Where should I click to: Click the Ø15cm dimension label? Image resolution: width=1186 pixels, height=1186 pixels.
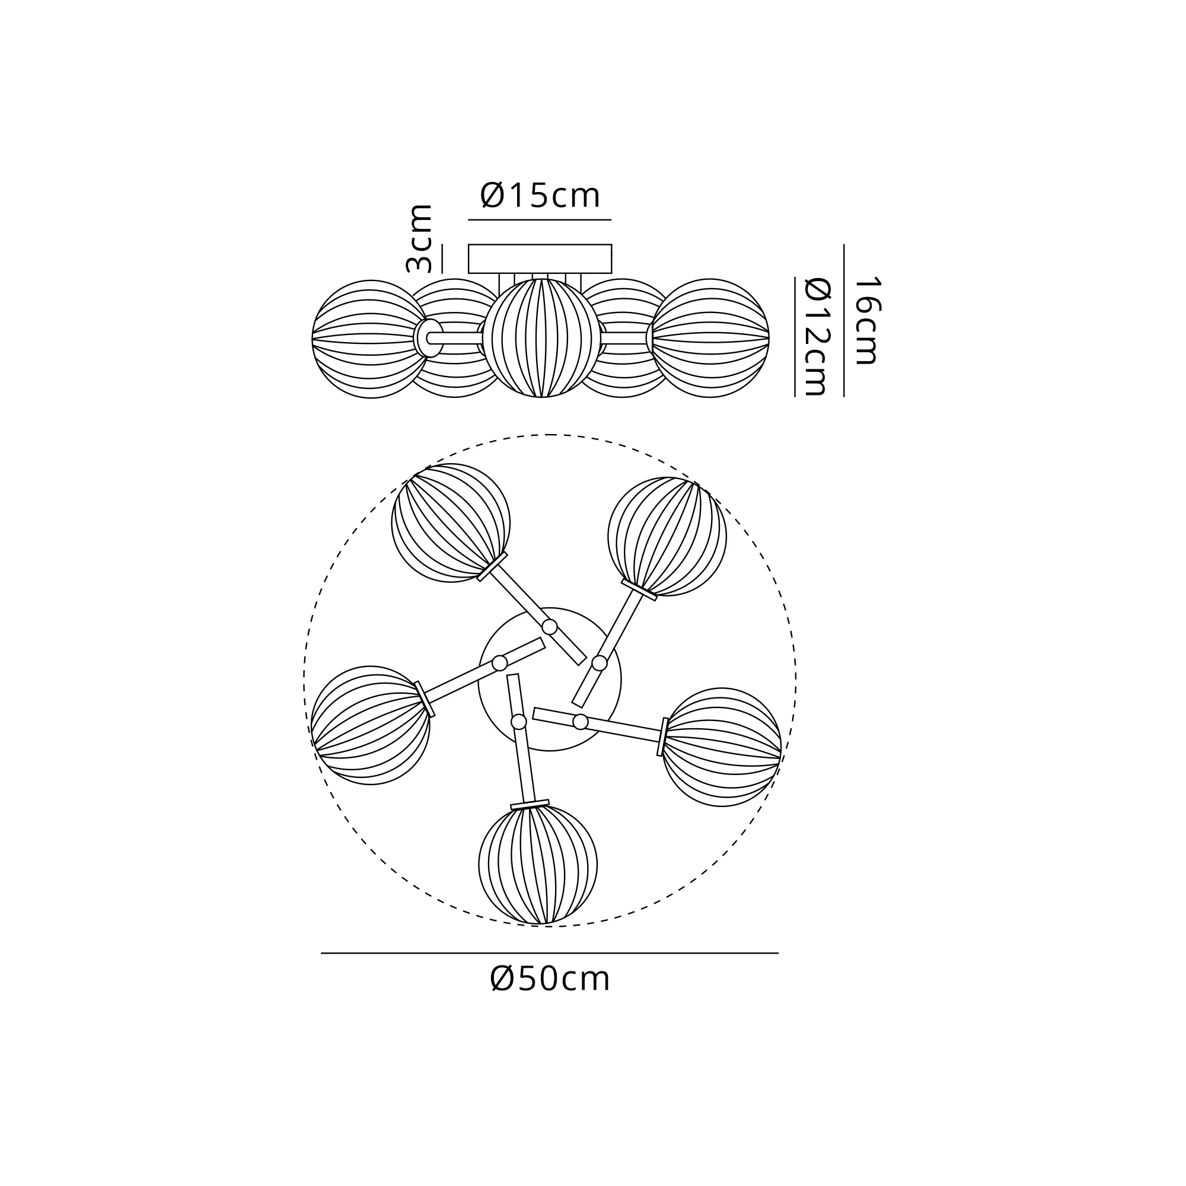[x=540, y=196]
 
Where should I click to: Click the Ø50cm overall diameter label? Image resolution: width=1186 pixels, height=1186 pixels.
[x=550, y=978]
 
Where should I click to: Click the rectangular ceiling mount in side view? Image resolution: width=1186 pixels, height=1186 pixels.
[x=540, y=259]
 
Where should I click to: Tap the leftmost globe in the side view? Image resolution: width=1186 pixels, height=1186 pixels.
[x=370, y=339]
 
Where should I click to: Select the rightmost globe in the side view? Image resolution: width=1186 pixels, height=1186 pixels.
[x=710, y=338]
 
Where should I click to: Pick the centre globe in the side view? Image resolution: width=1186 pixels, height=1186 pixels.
[x=541, y=338]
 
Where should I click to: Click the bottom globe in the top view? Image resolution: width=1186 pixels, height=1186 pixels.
[x=538, y=865]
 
